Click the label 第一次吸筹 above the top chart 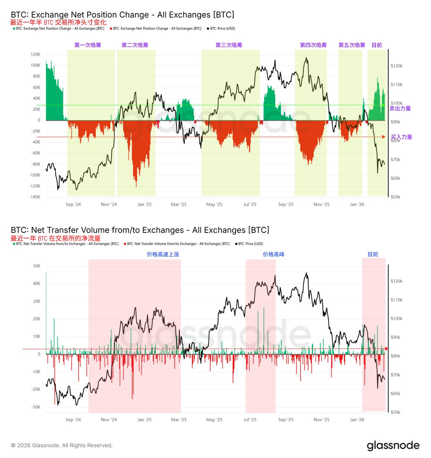88,45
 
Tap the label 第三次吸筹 229,45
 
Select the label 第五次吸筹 352,45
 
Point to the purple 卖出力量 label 400,108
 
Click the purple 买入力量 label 402,137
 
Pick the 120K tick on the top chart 35,55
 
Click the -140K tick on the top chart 35,197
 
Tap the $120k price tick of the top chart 397,66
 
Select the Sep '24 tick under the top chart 73,205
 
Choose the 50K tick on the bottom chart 37,266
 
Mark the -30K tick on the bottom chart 36,407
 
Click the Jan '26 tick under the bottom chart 357,420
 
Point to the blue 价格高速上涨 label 163,255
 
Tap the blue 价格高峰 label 273,255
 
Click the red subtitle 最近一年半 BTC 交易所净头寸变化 58,23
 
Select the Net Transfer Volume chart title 140,230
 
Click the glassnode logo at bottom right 393,445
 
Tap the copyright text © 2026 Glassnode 62,445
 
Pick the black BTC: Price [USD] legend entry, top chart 221,29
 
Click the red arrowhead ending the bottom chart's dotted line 386,349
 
